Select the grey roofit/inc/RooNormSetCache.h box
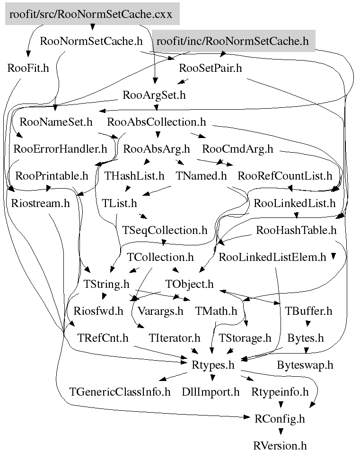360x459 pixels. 233,41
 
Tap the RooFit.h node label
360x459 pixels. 28,68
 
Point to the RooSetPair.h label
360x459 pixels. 211,68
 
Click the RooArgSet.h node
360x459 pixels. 154,95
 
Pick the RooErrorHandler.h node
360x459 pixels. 61,149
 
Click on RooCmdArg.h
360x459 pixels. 237,149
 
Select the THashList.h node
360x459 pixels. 134,176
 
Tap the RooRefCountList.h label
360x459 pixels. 285,176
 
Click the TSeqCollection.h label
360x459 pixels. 165,231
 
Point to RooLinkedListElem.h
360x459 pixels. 272,258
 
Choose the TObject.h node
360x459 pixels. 190,285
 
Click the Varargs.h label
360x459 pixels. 160,311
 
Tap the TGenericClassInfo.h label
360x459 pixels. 120,392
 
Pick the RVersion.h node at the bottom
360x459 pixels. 280,446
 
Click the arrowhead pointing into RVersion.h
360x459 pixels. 281,432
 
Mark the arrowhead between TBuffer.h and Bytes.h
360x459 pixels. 308,324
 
